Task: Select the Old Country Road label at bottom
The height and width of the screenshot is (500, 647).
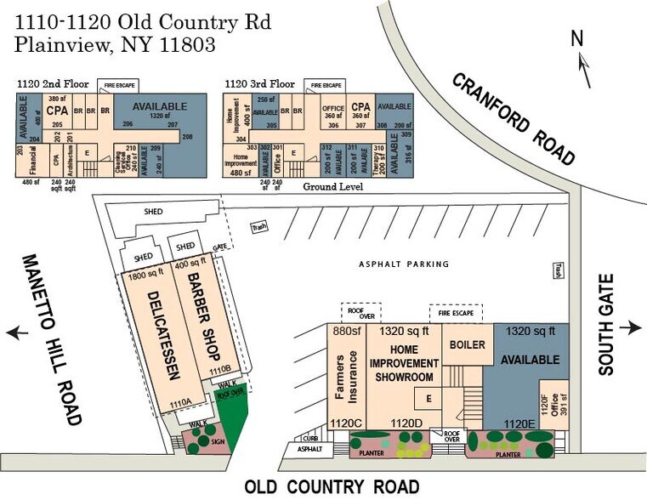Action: click(332, 487)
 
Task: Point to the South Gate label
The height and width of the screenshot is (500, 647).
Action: click(605, 328)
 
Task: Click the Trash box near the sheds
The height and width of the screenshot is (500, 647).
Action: click(259, 227)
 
